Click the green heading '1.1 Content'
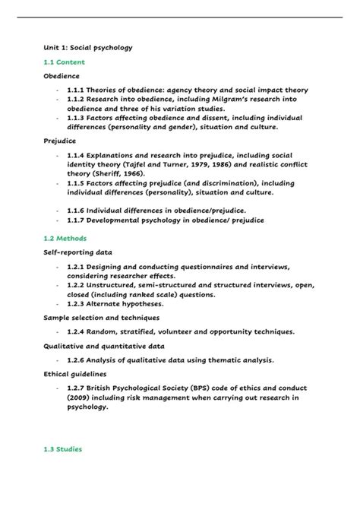[64, 62]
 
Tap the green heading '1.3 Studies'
[64, 449]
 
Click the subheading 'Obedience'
[61, 76]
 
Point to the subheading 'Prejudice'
[59, 140]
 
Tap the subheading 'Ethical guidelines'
[74, 374]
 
